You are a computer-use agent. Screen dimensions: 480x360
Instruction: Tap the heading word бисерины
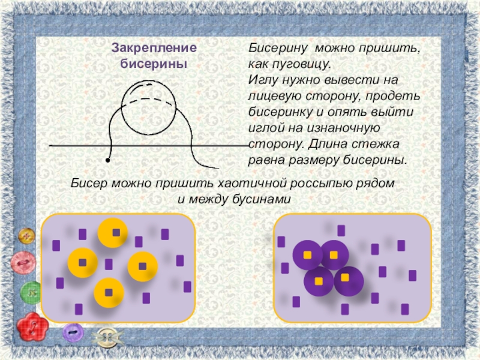(154, 63)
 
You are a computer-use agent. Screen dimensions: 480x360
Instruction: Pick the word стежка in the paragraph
(373, 145)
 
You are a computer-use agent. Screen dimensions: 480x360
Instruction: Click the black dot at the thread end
(107, 161)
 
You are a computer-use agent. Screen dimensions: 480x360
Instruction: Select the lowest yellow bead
(109, 293)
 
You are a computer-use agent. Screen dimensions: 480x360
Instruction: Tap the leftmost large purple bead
(308, 255)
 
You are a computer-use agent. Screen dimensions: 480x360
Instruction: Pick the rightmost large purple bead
(348, 280)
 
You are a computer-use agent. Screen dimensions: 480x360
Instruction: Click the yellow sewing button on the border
(26, 236)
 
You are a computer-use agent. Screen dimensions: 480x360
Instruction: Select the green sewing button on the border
(31, 293)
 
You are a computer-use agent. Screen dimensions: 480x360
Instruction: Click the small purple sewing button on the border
(73, 332)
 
